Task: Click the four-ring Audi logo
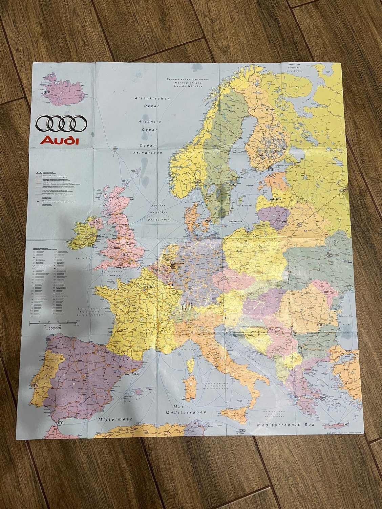(x=61, y=124)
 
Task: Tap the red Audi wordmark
(x=60, y=140)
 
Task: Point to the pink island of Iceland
(x=62, y=89)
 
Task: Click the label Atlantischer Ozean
(x=147, y=102)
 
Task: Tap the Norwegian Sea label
(x=186, y=82)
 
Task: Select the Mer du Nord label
(x=160, y=219)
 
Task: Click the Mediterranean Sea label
(x=285, y=424)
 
